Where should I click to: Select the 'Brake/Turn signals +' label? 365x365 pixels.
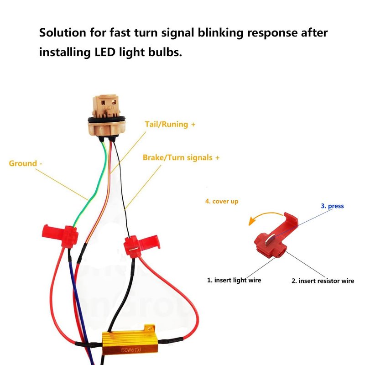[181, 157]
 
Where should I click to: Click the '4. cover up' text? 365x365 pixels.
[222, 201]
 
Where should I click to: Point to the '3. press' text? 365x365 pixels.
[332, 206]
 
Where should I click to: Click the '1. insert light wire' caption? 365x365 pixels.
[234, 280]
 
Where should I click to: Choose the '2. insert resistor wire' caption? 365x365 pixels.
[323, 281]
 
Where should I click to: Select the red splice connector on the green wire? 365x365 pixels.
[62, 236]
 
